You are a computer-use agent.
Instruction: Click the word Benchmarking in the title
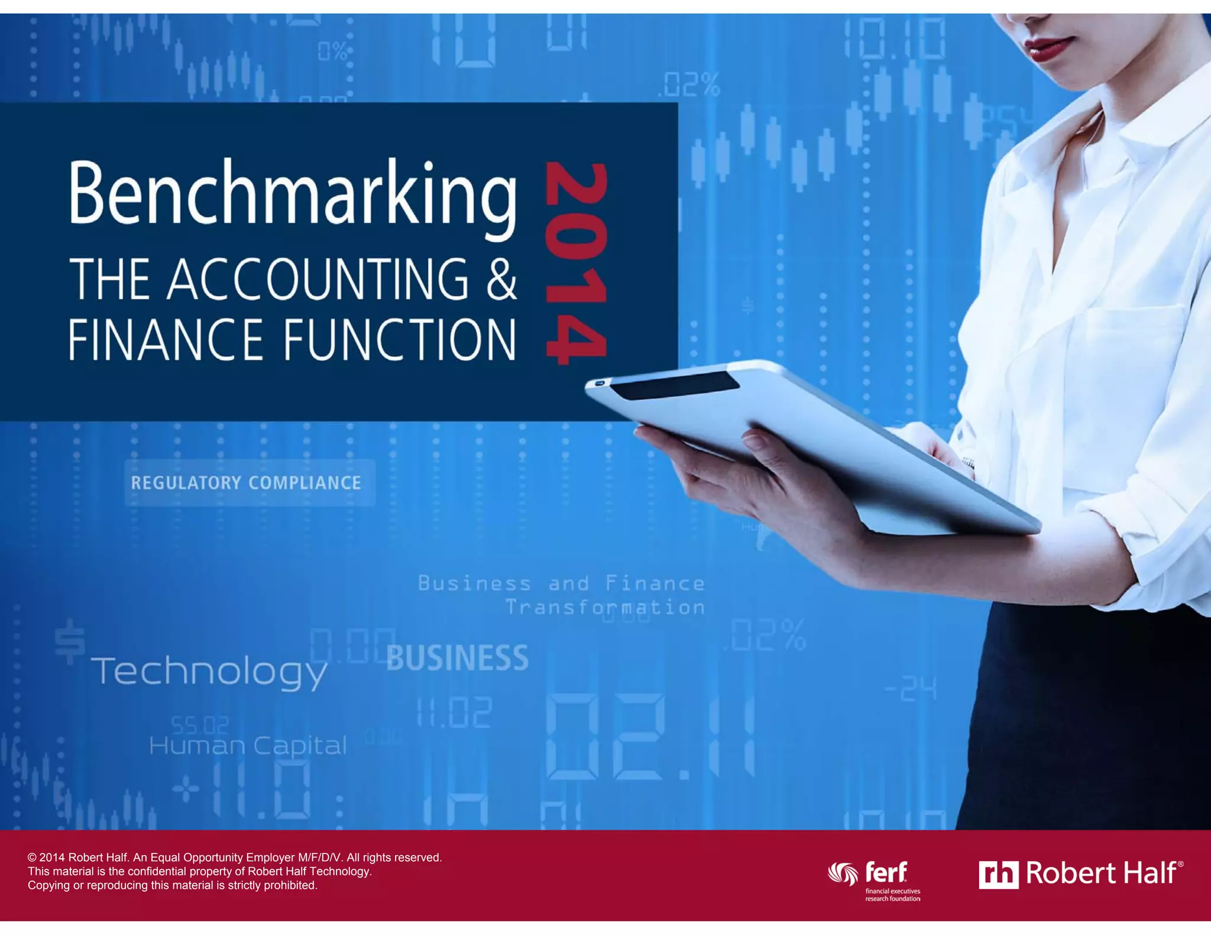tap(293, 195)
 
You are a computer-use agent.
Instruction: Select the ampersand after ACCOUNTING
tap(501, 278)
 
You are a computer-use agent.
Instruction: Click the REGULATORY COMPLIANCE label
tap(246, 483)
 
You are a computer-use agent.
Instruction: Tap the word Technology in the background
tap(209, 672)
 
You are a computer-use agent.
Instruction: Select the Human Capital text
tap(248, 746)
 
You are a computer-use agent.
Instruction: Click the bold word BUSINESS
tap(457, 658)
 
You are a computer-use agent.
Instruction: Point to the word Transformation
tap(605, 608)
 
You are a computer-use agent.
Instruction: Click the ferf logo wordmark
tap(886, 872)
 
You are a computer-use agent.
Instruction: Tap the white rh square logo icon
tap(998, 875)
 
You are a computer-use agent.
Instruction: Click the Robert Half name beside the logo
tap(1101, 873)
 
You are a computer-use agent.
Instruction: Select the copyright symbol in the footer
tap(32, 858)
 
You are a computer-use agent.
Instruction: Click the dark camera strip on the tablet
tap(674, 385)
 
